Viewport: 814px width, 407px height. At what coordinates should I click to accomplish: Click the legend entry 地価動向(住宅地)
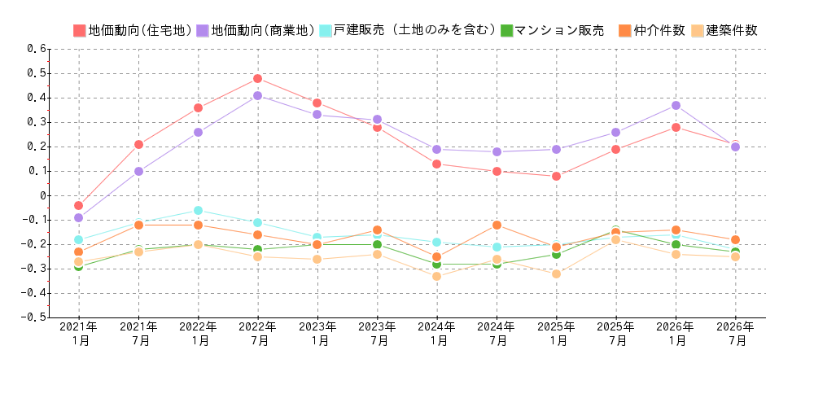pos(132,31)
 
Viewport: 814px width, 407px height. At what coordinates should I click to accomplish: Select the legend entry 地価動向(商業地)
pos(255,31)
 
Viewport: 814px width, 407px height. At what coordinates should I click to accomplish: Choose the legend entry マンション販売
pos(553,31)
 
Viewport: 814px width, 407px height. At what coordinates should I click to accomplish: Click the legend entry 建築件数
pos(724,31)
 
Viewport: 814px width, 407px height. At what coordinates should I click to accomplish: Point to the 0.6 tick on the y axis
pos(37,49)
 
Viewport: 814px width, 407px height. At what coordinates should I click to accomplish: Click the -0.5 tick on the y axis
pos(36,317)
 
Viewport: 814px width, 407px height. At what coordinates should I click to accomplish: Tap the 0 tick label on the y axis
pos(44,195)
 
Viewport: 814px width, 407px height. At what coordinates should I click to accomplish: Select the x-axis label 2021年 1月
pos(79,334)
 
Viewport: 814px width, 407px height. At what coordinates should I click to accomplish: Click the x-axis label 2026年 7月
pos(735,334)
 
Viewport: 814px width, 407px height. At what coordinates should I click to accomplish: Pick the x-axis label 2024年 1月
pos(437,334)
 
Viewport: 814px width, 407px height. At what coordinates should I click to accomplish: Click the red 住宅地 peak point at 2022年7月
pos(257,78)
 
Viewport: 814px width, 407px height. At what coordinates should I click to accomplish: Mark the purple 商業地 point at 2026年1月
pos(676,105)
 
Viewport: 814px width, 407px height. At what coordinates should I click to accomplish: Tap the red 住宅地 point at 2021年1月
pos(78,205)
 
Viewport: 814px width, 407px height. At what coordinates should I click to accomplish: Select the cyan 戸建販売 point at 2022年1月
pos(198,210)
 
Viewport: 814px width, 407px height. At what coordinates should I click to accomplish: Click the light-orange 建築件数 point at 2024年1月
pos(436,276)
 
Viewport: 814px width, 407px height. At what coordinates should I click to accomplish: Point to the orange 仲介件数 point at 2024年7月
pos(497,225)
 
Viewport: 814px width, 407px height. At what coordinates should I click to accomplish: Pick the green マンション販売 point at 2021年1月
pos(78,266)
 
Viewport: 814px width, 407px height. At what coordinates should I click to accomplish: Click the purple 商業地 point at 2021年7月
pos(138,171)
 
